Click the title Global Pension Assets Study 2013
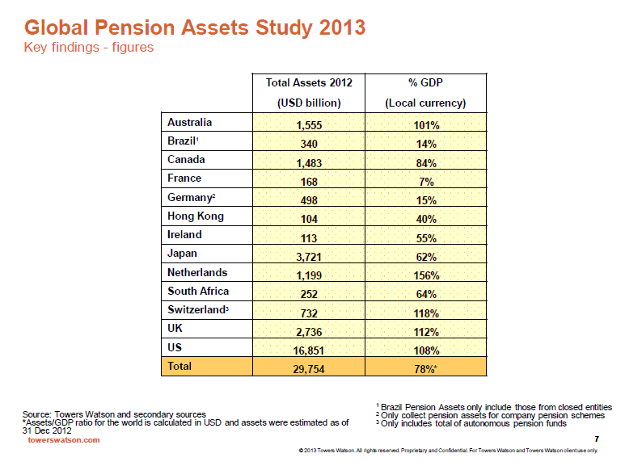(x=195, y=27)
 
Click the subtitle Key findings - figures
(x=88, y=47)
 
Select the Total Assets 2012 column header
(x=309, y=93)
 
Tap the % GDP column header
(x=425, y=93)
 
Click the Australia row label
(x=189, y=122)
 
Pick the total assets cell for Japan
(x=309, y=257)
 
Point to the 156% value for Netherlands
(x=426, y=275)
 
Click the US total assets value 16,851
(x=309, y=351)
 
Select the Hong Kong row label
(x=196, y=216)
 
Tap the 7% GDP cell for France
(x=426, y=182)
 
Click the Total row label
(x=179, y=366)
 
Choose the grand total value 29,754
(x=309, y=369)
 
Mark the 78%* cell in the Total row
(x=425, y=369)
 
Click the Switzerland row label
(x=198, y=309)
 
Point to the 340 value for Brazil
(x=309, y=144)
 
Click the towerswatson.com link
(x=64, y=440)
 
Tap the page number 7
(x=597, y=439)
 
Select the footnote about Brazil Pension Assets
(x=494, y=407)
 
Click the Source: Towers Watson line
(x=114, y=414)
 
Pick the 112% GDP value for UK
(x=426, y=332)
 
